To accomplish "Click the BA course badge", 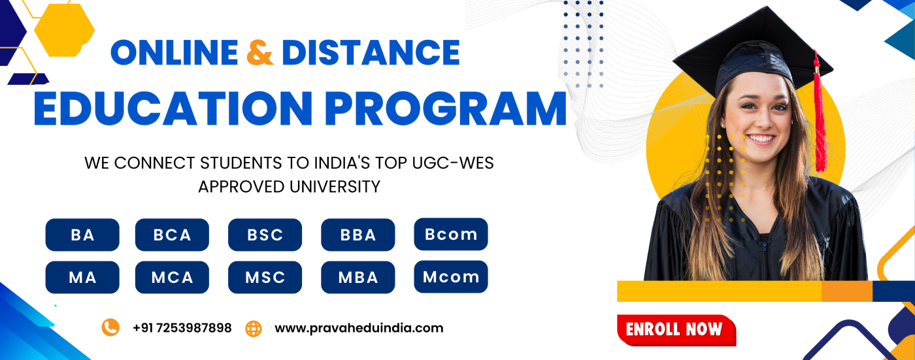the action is [82, 235].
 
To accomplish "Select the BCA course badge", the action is [172, 235].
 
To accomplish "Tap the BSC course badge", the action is [265, 235].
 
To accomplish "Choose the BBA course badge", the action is [358, 235].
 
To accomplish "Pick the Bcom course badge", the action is [451, 235].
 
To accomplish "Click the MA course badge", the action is [82, 277].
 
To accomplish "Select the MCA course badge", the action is [172, 277].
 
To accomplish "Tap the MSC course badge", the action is [265, 277].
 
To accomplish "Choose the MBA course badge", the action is [358, 277].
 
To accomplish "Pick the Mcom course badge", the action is [451, 277].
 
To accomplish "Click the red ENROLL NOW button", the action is [676, 330].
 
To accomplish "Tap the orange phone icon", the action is [110, 327].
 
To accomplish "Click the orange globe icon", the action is [254, 329].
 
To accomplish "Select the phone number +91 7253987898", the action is [182, 328].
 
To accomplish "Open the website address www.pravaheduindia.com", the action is [359, 328].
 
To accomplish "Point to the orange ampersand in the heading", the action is [260, 52].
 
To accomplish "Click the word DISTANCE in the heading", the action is [371, 52].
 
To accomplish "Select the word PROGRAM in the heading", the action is [446, 108].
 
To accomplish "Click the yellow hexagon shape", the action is [64, 30].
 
